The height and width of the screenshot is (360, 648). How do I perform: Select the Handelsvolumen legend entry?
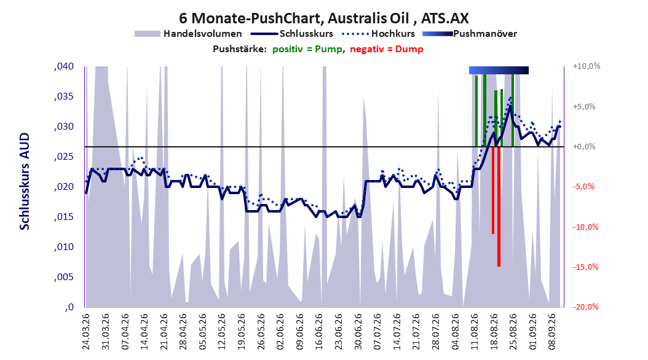(188, 34)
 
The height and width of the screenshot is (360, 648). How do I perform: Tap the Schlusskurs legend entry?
(292, 34)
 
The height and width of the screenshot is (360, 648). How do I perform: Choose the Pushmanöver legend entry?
(470, 34)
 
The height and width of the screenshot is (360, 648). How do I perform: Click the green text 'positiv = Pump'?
(307, 49)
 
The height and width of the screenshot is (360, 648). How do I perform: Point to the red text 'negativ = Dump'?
(387, 49)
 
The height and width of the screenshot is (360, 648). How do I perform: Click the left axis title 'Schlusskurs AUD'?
(25, 181)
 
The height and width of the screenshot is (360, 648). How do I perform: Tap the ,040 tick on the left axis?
(64, 66)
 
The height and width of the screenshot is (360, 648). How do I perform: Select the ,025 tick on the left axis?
(64, 157)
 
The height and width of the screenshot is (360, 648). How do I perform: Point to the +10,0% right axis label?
(587, 66)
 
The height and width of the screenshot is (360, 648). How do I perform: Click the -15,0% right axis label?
(585, 267)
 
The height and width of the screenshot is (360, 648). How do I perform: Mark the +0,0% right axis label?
(584, 147)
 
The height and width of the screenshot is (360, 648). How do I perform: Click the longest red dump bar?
(499, 206)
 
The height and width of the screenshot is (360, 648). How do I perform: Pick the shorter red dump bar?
(493, 190)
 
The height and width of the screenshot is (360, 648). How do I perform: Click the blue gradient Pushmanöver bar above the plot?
(499, 70)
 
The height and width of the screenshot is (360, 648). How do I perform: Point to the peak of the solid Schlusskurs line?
(510, 106)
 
